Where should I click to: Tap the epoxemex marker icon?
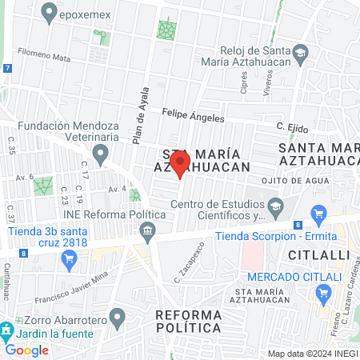(x=51, y=12)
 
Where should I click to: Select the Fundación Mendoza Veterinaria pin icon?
(x=101, y=152)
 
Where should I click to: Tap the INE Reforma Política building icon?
(x=147, y=233)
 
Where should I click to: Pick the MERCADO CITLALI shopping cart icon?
(x=324, y=294)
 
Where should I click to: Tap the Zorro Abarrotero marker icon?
(x=118, y=318)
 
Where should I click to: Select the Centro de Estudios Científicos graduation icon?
(x=275, y=208)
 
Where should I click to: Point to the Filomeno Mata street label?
(x=39, y=56)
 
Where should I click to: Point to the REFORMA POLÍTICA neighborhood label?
(x=188, y=321)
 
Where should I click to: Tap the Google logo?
(x=27, y=350)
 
